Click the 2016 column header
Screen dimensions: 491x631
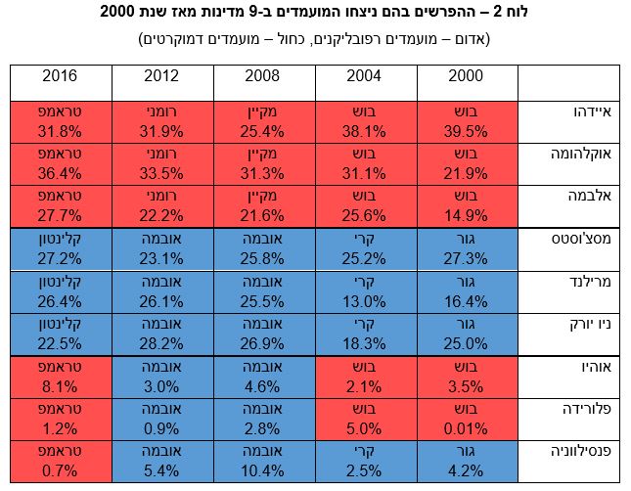(x=61, y=76)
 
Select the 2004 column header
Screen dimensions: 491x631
(x=365, y=76)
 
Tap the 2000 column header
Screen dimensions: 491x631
(x=467, y=76)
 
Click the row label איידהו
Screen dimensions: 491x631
(x=567, y=113)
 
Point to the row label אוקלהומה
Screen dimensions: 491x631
(x=567, y=155)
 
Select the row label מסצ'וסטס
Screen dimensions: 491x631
(x=567, y=240)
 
